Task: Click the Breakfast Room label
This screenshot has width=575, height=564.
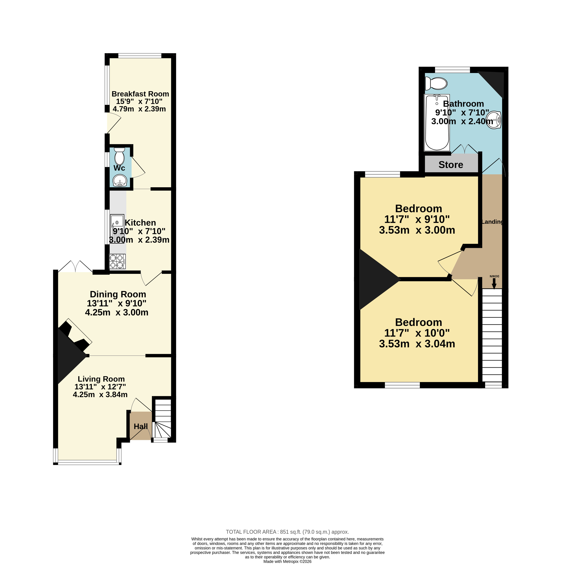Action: [x=140, y=94]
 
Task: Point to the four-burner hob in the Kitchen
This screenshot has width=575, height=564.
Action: [x=117, y=261]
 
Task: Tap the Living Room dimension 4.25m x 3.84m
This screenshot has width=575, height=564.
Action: [x=100, y=395]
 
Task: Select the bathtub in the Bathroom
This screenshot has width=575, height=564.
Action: [x=437, y=123]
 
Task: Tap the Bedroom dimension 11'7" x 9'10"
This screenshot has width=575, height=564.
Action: [x=417, y=219]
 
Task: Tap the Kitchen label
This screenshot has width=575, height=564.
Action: [x=140, y=223]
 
